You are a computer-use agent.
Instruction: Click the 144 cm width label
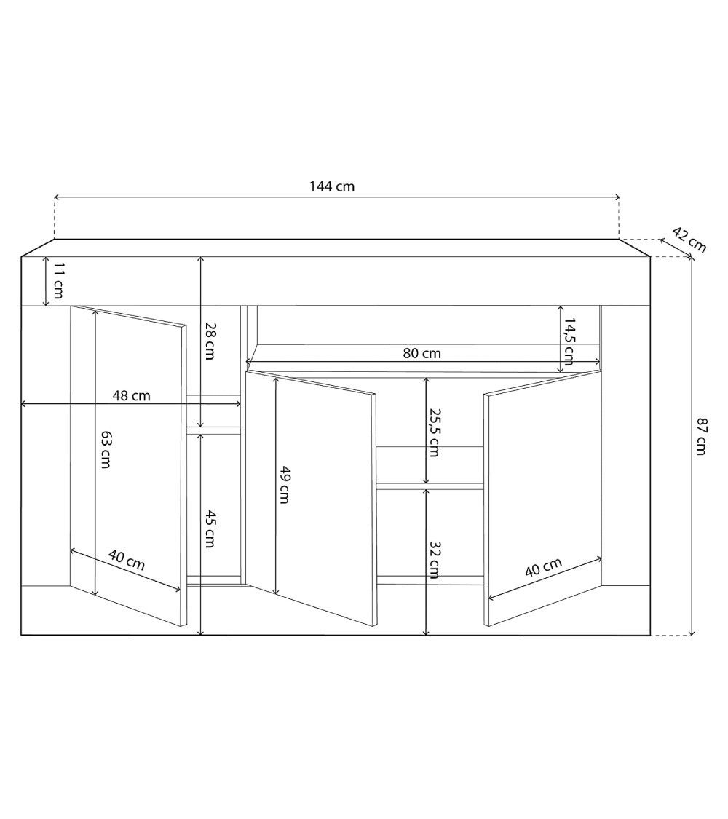(332, 186)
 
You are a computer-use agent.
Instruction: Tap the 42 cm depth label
(689, 240)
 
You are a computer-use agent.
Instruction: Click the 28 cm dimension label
(210, 341)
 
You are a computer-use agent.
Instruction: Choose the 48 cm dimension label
(132, 396)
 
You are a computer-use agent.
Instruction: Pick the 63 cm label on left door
(106, 449)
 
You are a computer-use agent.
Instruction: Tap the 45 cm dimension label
(210, 529)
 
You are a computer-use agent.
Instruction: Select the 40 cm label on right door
(543, 568)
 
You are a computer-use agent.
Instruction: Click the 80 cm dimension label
(422, 354)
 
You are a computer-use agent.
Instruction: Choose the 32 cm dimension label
(434, 559)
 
